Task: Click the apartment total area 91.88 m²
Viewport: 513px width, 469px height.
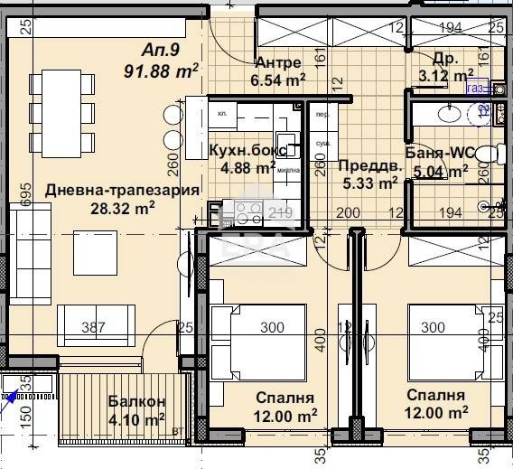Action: coord(162,68)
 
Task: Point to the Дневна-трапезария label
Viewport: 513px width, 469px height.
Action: coord(97,191)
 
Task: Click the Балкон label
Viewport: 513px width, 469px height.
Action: coord(136,401)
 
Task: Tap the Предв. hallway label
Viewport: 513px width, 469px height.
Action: coord(368,165)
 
